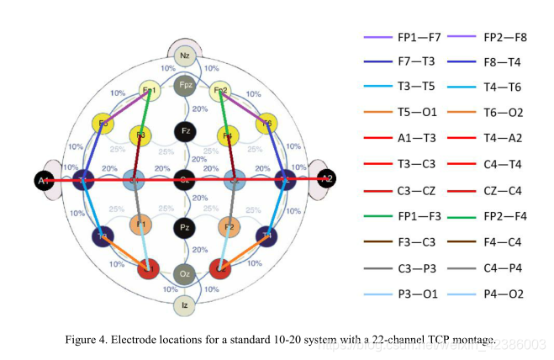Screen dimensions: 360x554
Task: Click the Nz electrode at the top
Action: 184,56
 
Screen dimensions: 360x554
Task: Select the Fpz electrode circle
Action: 184,85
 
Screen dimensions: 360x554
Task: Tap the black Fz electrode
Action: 184,132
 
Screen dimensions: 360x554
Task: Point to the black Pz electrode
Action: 184,227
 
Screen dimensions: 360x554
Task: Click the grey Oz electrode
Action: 184,274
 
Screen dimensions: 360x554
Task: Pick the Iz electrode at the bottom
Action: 184,305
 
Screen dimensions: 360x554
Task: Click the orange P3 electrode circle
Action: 140,225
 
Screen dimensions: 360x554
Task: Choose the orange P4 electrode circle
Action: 229,226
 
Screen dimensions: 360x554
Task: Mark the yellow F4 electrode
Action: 227,135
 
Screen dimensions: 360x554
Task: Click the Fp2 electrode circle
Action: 220,91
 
